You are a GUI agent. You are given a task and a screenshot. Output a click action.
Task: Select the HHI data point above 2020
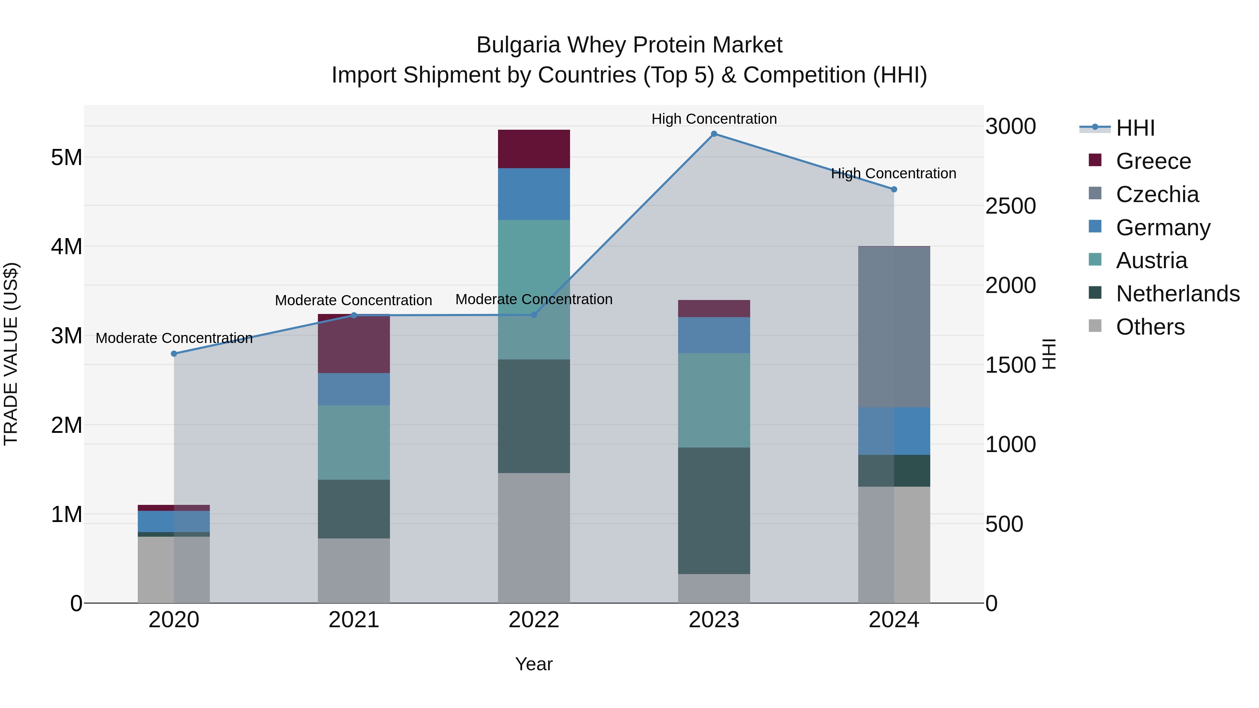pyautogui.click(x=174, y=354)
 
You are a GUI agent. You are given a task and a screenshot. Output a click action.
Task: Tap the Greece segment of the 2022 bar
pyautogui.click(x=534, y=149)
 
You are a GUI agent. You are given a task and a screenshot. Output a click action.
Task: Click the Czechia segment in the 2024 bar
pyautogui.click(x=894, y=327)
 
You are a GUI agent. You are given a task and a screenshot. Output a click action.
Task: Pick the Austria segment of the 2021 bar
pyautogui.click(x=354, y=442)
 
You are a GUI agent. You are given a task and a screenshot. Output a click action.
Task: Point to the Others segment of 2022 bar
pyautogui.click(x=534, y=537)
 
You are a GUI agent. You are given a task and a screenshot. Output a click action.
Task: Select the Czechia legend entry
pyautogui.click(x=1157, y=194)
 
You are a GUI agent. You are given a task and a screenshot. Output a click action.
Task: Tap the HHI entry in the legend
pyautogui.click(x=1135, y=128)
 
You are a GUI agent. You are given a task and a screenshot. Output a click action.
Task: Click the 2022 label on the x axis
pyautogui.click(x=534, y=620)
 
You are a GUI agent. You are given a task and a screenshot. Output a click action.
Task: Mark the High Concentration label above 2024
pyautogui.click(x=894, y=173)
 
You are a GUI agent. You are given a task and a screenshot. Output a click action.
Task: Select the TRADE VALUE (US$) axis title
pyautogui.click(x=11, y=354)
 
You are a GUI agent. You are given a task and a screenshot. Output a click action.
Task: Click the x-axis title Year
pyautogui.click(x=534, y=664)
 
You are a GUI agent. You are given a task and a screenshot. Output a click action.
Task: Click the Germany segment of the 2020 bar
pyautogui.click(x=174, y=521)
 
